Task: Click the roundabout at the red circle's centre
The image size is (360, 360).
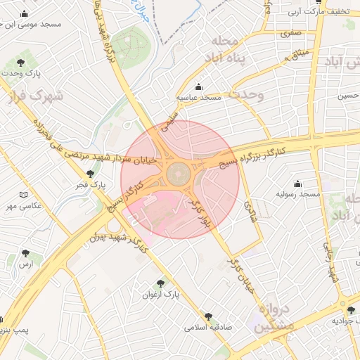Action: [180, 172]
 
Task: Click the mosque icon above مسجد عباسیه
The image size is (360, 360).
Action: [198, 87]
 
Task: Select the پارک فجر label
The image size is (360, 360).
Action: [90, 185]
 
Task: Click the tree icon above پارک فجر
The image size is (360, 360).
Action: [90, 174]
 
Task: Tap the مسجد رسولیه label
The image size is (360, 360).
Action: [297, 193]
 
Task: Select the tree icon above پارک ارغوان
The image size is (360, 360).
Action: [162, 284]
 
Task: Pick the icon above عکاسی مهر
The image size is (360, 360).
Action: [25, 195]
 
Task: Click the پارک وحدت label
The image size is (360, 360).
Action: [21, 73]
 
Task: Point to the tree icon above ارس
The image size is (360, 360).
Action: [26, 252]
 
